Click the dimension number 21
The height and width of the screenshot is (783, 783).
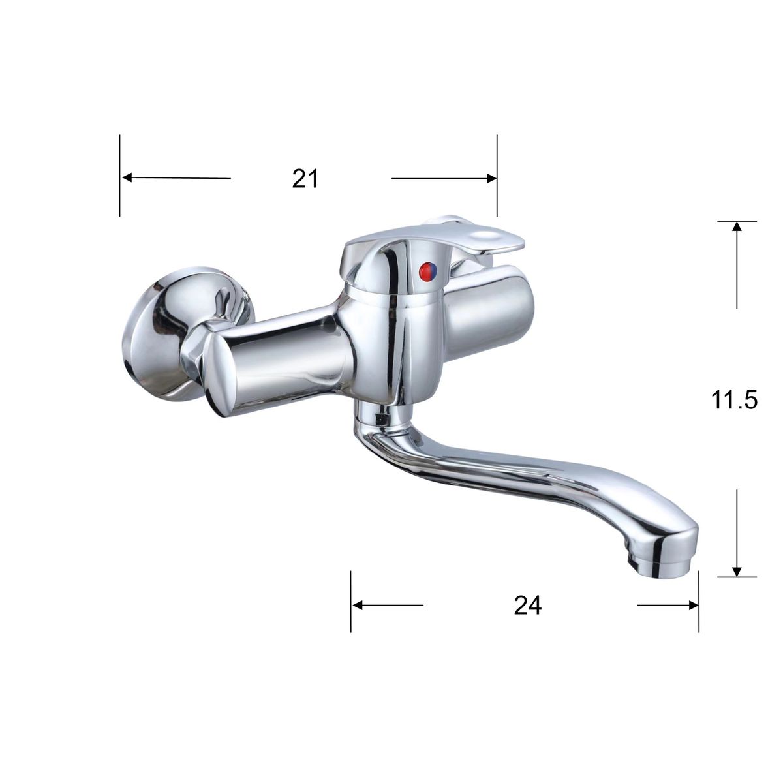click(305, 178)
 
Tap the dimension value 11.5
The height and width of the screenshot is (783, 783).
click(734, 400)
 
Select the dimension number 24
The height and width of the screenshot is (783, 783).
click(528, 606)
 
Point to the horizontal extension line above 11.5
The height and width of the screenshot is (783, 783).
click(737, 221)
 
